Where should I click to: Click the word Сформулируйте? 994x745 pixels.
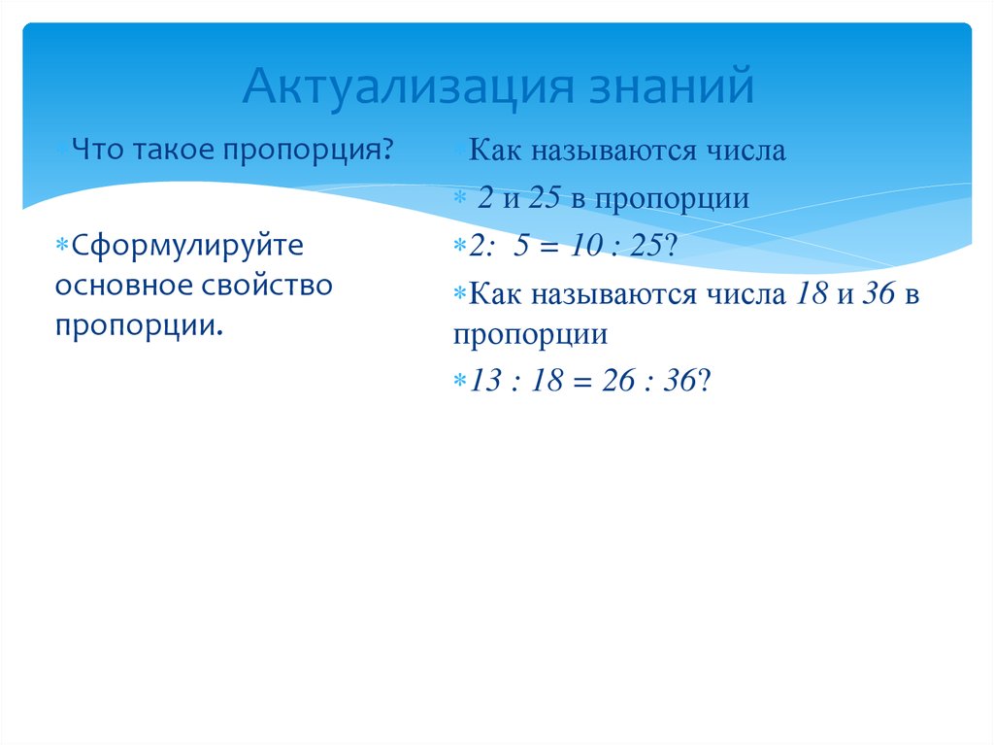pos(180,247)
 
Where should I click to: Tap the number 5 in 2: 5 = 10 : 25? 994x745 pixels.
pos(522,247)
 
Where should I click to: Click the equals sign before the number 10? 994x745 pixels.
pos(549,247)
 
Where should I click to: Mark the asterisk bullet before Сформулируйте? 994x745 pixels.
pos(59,247)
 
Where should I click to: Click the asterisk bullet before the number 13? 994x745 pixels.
pos(460,383)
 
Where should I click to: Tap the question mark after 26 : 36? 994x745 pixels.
pos(707,383)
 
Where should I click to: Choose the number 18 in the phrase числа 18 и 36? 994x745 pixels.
pos(810,295)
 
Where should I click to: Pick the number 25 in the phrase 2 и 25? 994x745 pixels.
pos(547,199)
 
